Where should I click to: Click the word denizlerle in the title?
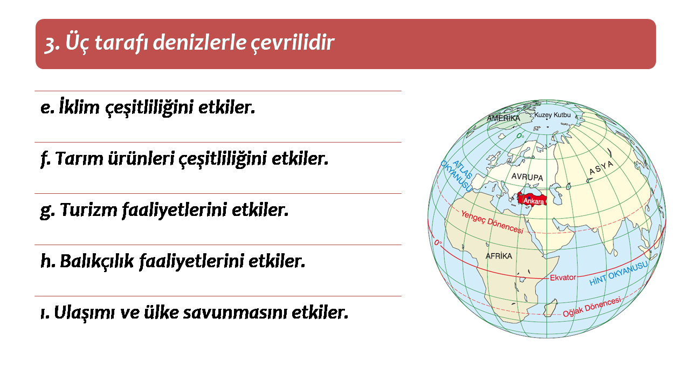(199, 42)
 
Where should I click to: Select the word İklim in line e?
(79, 107)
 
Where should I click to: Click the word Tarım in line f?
(79, 158)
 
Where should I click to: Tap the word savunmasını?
(235, 313)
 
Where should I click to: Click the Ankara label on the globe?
(533, 201)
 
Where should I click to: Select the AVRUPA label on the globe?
(527, 177)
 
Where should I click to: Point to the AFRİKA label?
(499, 256)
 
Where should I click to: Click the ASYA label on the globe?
(601, 167)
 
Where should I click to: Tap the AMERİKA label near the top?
(503, 118)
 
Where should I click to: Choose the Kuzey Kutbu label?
(553, 115)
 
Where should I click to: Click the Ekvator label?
(563, 278)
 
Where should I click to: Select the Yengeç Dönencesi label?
(492, 222)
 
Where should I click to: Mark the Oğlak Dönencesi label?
(592, 307)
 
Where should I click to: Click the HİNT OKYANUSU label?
(618, 273)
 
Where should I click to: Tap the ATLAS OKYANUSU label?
(457, 175)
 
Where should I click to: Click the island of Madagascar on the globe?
(550, 308)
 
